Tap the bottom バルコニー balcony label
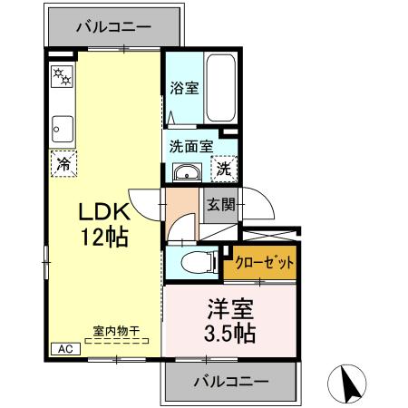pyautogui.click(x=230, y=382)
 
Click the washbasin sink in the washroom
pyautogui.click(x=187, y=173)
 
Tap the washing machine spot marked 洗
pyautogui.click(x=222, y=168)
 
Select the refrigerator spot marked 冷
pyautogui.click(x=63, y=164)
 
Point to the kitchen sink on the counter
pyautogui.click(x=62, y=125)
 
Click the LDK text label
pyautogui.click(x=105, y=212)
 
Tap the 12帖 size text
pyautogui.click(x=105, y=238)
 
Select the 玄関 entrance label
pyautogui.click(x=219, y=205)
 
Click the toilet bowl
pyautogui.click(x=197, y=263)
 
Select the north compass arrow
pyautogui.click(x=350, y=384)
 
